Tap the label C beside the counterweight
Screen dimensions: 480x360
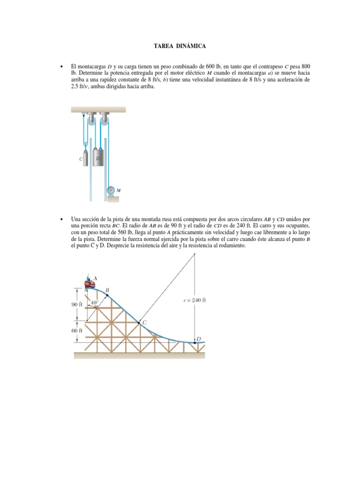(x=81, y=159)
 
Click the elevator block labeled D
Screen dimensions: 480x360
(x=98, y=159)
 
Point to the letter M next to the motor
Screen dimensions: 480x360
(x=119, y=190)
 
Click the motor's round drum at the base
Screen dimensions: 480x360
(x=111, y=190)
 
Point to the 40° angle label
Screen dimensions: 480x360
(x=94, y=303)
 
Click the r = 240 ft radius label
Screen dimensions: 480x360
(x=195, y=300)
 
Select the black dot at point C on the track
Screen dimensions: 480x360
(x=138, y=322)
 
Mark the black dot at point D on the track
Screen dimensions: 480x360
(x=195, y=343)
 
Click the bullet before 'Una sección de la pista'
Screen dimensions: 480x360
(x=61, y=219)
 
